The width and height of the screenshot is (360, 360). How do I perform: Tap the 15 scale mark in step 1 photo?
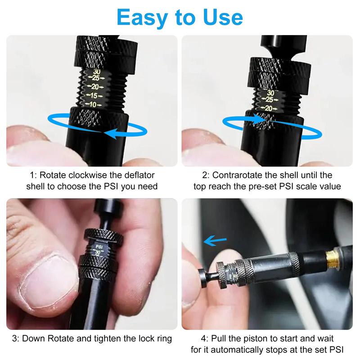[x=94, y=95]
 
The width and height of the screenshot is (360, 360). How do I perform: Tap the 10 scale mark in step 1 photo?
[x=94, y=104]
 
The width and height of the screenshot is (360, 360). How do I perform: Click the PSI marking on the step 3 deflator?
[x=98, y=247]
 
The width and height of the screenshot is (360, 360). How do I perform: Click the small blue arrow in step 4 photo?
[x=215, y=241]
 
